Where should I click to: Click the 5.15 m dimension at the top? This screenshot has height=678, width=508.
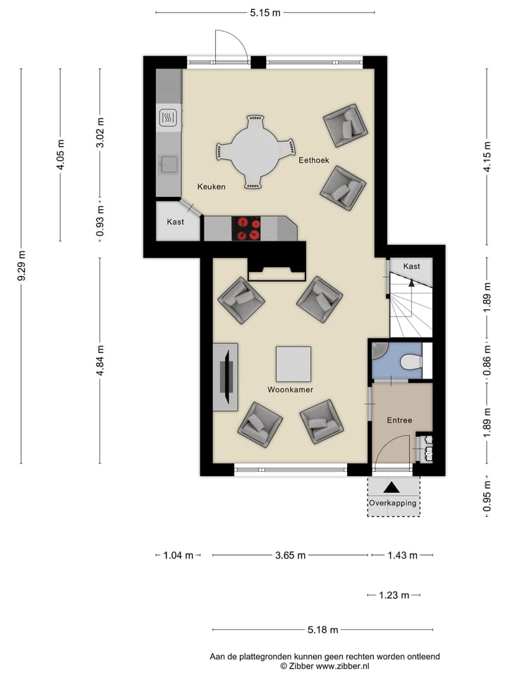pos(265,13)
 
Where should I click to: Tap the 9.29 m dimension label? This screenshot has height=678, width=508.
pos(22,266)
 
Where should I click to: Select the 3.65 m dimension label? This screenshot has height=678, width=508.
pos(290,555)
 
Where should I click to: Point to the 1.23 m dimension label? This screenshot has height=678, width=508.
pos(394,595)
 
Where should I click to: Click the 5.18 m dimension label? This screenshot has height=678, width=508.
pos(322,630)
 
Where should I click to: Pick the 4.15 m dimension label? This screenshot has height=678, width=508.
pos(488,157)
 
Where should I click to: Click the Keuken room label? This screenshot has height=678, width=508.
pos(211,186)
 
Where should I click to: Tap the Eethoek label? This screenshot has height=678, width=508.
pos(314,160)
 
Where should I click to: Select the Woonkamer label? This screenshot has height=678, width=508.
pos(290,390)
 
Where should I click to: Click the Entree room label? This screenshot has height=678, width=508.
pos(399,420)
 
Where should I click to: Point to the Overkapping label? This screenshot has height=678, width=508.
pos(393,504)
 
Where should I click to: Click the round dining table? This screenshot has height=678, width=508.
pos(255,153)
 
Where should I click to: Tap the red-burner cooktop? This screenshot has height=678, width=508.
pos(246,228)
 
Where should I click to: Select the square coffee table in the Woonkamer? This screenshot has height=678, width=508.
pos(294,364)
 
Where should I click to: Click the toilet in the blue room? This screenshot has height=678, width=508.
pos(411,362)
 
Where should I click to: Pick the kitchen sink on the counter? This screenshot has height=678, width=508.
pos(169,164)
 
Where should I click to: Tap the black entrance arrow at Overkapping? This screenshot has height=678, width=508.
pos(392,487)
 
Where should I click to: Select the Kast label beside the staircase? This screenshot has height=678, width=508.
pos(411,266)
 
